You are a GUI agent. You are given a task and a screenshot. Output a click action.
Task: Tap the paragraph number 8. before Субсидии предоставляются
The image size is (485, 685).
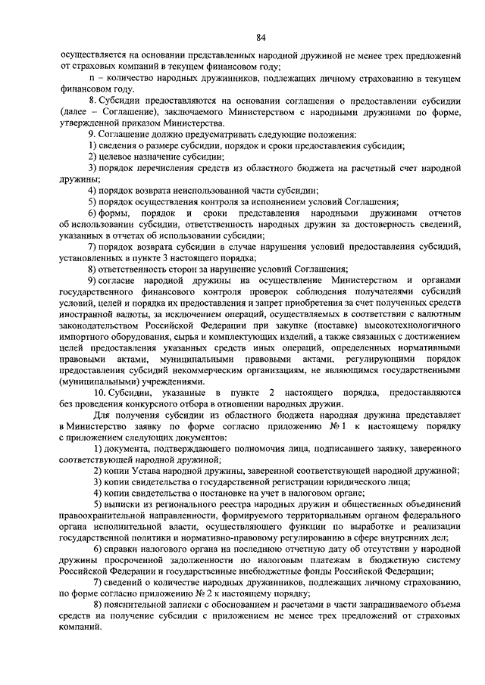pyautogui.click(x=92, y=101)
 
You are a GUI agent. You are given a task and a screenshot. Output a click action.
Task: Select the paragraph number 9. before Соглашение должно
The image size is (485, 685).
pyautogui.click(x=92, y=134)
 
